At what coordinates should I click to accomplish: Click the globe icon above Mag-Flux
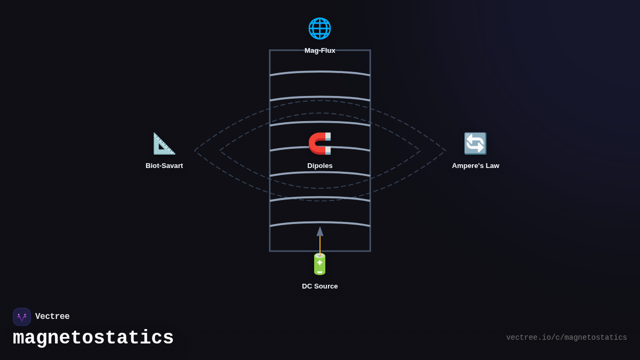tap(319, 28)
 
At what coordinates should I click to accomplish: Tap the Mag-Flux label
tap(320, 51)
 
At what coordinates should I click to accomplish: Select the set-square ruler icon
tap(164, 143)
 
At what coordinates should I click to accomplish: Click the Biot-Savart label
tap(164, 166)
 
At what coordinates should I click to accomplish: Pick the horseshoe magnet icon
tap(320, 143)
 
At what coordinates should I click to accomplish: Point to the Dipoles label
tap(320, 166)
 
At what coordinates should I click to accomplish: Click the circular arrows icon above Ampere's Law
tap(475, 143)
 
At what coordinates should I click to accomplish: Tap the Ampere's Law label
tap(476, 166)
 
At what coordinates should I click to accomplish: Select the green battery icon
tap(319, 264)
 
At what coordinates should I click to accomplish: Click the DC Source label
tap(320, 286)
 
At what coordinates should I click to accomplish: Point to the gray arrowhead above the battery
tap(320, 231)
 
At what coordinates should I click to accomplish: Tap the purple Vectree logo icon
tap(22, 317)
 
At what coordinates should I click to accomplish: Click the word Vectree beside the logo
tap(52, 317)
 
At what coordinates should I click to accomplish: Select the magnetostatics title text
tap(93, 338)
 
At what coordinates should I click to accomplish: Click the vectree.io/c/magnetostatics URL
tap(566, 338)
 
